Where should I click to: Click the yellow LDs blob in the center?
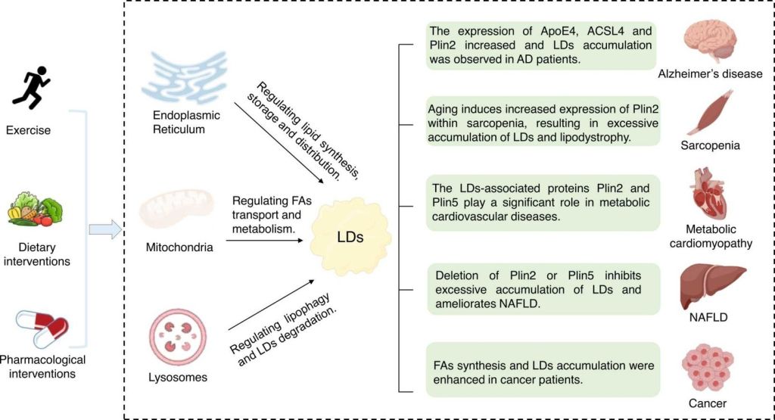click(x=350, y=236)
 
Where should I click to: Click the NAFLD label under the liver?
click(x=708, y=317)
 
